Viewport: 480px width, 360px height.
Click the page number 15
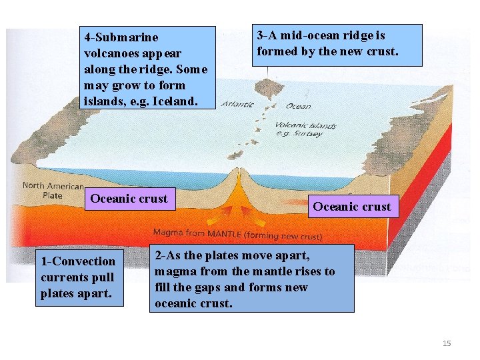click(447, 343)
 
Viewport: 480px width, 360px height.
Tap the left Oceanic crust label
click(129, 198)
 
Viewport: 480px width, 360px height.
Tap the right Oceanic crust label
click(352, 207)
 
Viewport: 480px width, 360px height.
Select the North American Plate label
click(53, 191)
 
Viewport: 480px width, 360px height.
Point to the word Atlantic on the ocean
click(237, 104)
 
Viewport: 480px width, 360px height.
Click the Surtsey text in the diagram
click(307, 133)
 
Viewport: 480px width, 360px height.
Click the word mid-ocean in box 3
click(307, 36)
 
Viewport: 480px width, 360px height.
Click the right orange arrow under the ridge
click(253, 213)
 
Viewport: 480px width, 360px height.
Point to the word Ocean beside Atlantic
click(298, 106)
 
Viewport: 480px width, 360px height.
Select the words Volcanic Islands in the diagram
click(305, 125)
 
